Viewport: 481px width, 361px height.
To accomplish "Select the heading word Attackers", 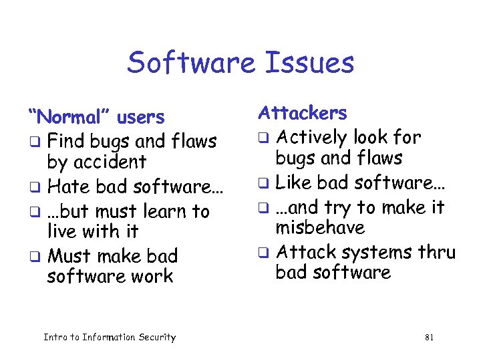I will click(303, 113).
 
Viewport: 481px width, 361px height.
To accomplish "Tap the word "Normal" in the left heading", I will click(70, 118).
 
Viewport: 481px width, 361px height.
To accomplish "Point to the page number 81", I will click(429, 338).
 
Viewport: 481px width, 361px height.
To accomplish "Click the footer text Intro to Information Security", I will click(110, 338).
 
